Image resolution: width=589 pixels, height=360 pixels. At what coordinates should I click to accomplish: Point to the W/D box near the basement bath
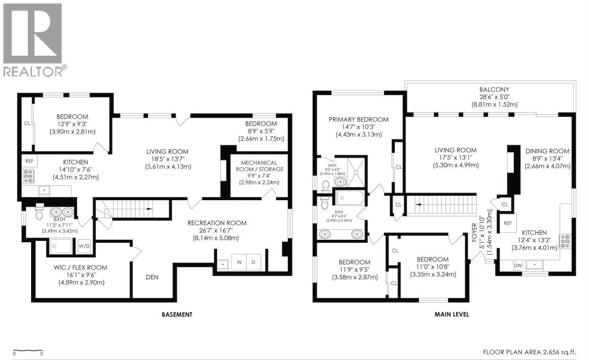click(x=84, y=246)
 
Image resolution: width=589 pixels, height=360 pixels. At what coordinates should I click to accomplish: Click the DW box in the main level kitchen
click(x=518, y=265)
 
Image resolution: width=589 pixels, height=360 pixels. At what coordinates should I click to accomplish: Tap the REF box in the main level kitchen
click(x=508, y=223)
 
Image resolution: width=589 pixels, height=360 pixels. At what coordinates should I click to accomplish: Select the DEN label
click(x=152, y=277)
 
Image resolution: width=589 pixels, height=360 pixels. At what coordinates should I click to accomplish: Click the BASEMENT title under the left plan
click(x=177, y=315)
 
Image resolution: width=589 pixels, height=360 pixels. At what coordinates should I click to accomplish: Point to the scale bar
click(x=28, y=351)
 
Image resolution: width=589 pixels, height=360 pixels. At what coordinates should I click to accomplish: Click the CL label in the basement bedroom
click(x=27, y=123)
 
